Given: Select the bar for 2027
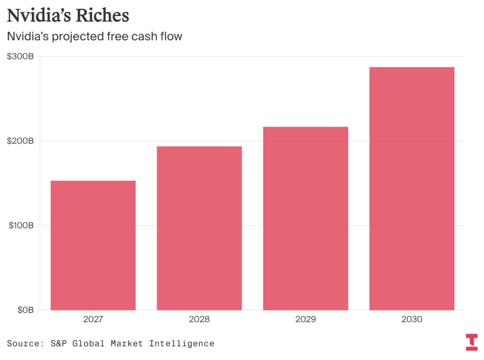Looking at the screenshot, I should pyautogui.click(x=93, y=245).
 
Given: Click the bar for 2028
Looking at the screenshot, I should pyautogui.click(x=199, y=228).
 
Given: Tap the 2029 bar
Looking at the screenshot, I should pyautogui.click(x=306, y=218).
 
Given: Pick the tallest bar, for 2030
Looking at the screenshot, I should pyautogui.click(x=412, y=188).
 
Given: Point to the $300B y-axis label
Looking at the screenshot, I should pyautogui.click(x=21, y=57).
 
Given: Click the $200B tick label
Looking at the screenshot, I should pyautogui.click(x=21, y=141).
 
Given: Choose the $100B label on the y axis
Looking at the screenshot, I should pyautogui.click(x=21, y=225).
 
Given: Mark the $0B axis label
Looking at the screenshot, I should pyautogui.click(x=24, y=310).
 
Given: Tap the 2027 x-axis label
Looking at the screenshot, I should pyautogui.click(x=93, y=320).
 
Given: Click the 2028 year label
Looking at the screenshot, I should pyautogui.click(x=199, y=320).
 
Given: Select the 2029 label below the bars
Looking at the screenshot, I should pyautogui.click(x=306, y=320).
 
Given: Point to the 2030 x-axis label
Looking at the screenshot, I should pyautogui.click(x=412, y=320).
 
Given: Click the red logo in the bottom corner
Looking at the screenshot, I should pyautogui.click(x=471, y=342).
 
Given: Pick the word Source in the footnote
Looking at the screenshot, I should pyautogui.click(x=22, y=343).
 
